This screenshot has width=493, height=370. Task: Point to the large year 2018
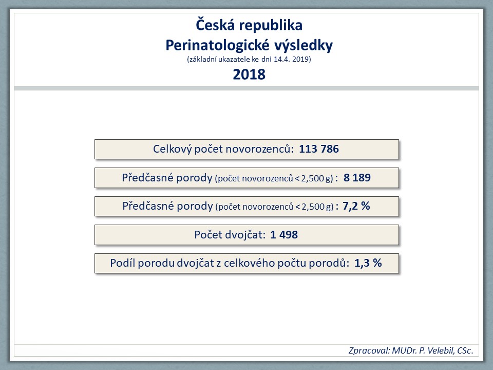249,75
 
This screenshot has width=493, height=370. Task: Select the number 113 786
319,149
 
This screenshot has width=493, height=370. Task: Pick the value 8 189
357,178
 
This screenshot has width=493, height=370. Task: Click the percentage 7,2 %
356,206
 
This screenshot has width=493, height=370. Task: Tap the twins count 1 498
284,235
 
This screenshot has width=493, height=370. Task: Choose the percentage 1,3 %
368,263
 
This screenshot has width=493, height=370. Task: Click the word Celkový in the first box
172,149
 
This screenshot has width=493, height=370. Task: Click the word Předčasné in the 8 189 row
147,178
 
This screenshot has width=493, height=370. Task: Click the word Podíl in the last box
123,263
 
